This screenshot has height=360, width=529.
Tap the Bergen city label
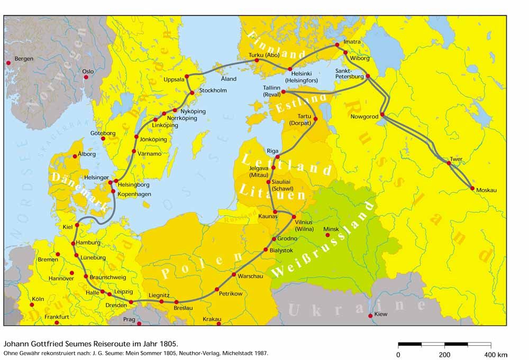[24, 58]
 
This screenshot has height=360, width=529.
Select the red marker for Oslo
[85, 77]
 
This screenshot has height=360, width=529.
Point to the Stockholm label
[213, 91]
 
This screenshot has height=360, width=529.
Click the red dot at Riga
[277, 157]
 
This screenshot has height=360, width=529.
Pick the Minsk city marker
[327, 235]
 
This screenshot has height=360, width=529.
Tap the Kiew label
[381, 314]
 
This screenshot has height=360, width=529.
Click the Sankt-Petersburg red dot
[368, 76]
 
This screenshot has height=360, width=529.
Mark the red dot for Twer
[449, 163]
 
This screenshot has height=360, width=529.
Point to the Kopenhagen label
[135, 194]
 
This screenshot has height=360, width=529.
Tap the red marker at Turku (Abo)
[257, 60]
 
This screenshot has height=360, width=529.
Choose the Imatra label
[352, 41]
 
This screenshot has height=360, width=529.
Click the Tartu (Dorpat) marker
[316, 119]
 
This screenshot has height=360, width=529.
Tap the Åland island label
[229, 79]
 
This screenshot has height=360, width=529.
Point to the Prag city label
[130, 320]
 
